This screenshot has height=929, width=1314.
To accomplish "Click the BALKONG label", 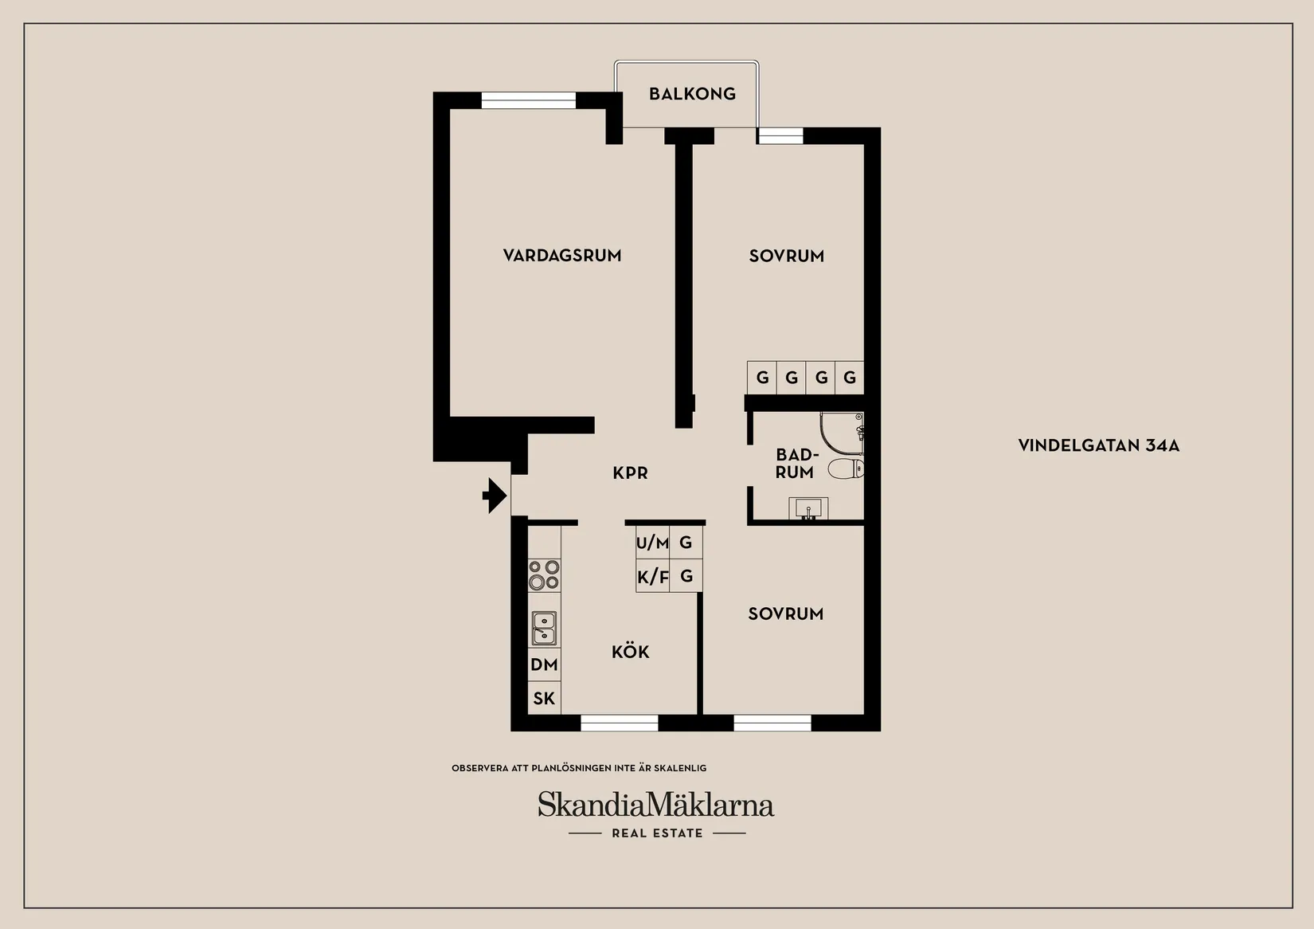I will point(692,94).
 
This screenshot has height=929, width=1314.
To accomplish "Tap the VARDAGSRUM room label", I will point(562,256).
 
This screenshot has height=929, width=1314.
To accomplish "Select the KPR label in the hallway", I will point(630,473).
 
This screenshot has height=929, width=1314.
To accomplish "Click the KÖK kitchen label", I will point(631,653).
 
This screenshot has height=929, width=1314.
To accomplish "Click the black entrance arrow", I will point(495,496).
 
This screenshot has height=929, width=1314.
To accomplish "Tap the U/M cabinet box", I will point(652,543).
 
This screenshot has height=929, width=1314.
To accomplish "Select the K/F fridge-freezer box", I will point(652,576).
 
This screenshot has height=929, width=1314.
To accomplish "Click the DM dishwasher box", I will point(544,664).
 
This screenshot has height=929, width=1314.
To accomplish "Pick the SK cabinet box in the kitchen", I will point(544,699).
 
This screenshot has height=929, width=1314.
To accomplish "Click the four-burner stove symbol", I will point(545,574).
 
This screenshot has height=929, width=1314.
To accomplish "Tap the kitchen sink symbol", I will point(545,628).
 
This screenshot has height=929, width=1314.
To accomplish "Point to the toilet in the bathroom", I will point(846,468).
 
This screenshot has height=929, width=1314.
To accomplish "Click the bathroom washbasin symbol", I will point(808,508).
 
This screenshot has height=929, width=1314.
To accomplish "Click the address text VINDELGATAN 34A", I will point(1098,445).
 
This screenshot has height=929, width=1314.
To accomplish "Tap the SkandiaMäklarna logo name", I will point(656,805).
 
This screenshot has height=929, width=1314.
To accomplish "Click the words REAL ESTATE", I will point(657,833).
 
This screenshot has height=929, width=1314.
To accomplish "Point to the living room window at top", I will point(529,100).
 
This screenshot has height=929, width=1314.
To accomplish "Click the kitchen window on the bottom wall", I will point(619,723).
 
